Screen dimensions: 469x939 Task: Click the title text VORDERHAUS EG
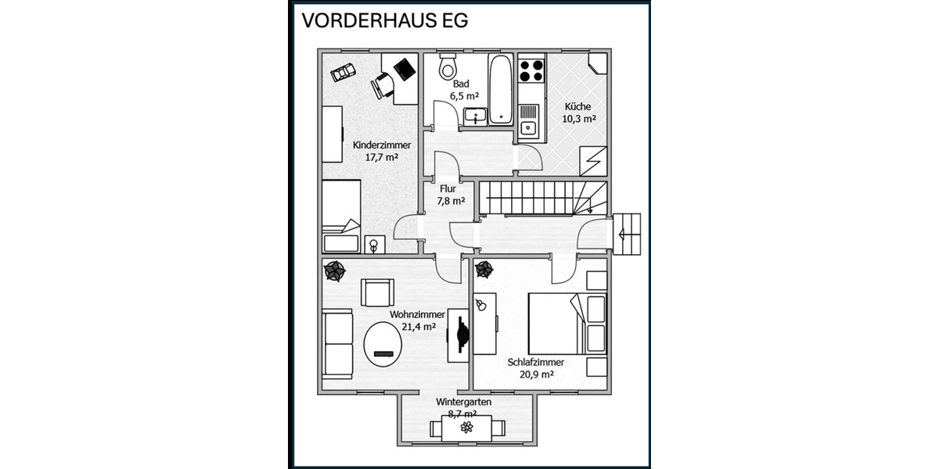coord(385,21)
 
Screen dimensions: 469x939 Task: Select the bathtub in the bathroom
coord(501,89)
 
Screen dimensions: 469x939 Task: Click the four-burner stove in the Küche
coord(531,70)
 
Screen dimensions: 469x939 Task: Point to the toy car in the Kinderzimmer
coord(343,72)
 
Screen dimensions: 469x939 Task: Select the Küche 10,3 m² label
coord(579,113)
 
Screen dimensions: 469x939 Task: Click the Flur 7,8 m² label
coord(448,195)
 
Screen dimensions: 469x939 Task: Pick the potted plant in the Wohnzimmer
coord(335,270)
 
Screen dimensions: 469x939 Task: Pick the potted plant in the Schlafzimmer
coord(484,270)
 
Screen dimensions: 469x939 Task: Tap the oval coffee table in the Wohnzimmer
coord(383,344)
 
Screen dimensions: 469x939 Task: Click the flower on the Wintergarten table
coord(467,427)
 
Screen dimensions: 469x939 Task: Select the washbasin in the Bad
coord(475,117)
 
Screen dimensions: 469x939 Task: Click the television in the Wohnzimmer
coord(461,335)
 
